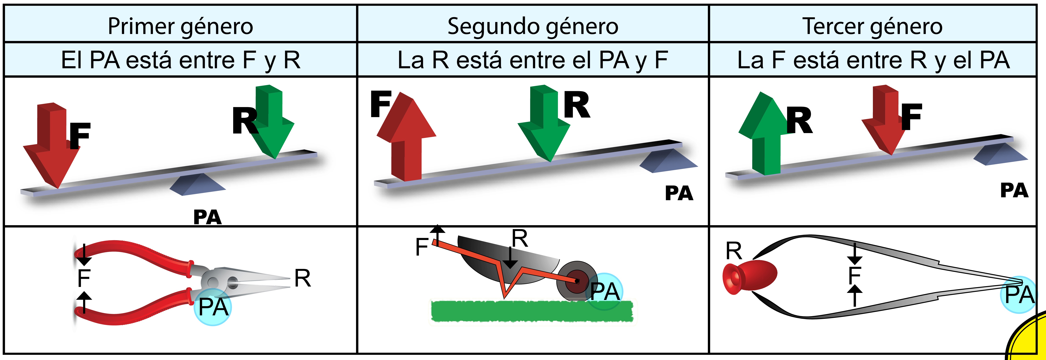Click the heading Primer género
[180, 26]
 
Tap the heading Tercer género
[872, 26]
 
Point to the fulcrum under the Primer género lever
[198, 185]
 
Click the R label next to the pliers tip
[303, 278]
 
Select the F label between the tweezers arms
[855, 275]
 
